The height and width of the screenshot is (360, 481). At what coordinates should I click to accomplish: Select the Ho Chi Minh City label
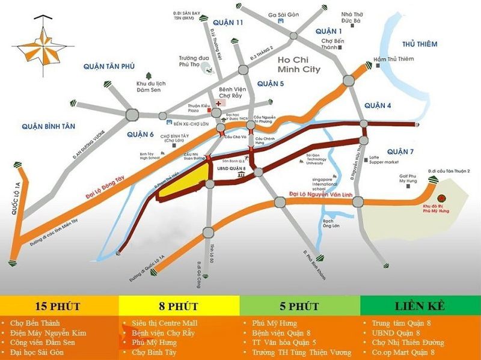(299, 64)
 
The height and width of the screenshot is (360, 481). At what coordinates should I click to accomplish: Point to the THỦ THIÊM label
(420, 44)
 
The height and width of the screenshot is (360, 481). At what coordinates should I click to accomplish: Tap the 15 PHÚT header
(60, 307)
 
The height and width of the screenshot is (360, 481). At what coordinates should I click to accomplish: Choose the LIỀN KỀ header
(420, 307)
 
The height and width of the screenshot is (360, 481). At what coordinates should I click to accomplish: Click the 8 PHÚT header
(179, 307)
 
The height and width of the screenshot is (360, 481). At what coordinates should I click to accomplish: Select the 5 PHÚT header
(299, 307)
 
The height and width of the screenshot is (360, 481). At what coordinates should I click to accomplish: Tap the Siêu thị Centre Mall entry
(164, 323)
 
